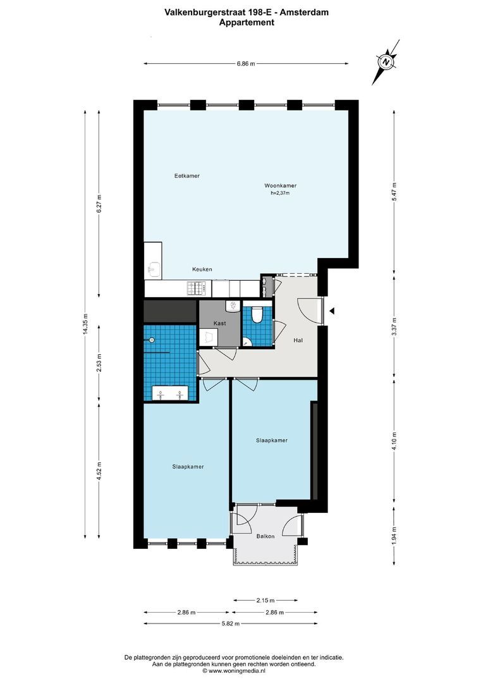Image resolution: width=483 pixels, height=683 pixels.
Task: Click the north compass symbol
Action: pyautogui.click(x=386, y=62)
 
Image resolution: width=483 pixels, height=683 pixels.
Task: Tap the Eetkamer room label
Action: pyautogui.click(x=187, y=176)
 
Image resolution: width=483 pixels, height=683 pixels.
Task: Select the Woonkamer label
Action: pyautogui.click(x=280, y=186)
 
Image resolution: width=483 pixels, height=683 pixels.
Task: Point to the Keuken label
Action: pyautogui.click(x=202, y=269)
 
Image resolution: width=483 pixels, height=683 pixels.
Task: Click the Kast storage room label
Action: pyautogui.click(x=219, y=323)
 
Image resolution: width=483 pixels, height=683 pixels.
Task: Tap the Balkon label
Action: pyautogui.click(x=266, y=536)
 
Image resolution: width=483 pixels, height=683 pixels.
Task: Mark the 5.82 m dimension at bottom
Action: pyautogui.click(x=246, y=624)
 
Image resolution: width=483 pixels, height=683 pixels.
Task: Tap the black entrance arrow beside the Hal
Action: pyautogui.click(x=332, y=311)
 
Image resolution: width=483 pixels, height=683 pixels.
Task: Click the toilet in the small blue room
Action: pyautogui.click(x=257, y=314)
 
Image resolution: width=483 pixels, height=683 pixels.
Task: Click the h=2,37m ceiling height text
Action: pyautogui.click(x=279, y=194)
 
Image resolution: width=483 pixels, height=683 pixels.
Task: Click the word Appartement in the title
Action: pyautogui.click(x=246, y=22)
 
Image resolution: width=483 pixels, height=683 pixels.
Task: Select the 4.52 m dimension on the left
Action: pyautogui.click(x=99, y=470)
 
